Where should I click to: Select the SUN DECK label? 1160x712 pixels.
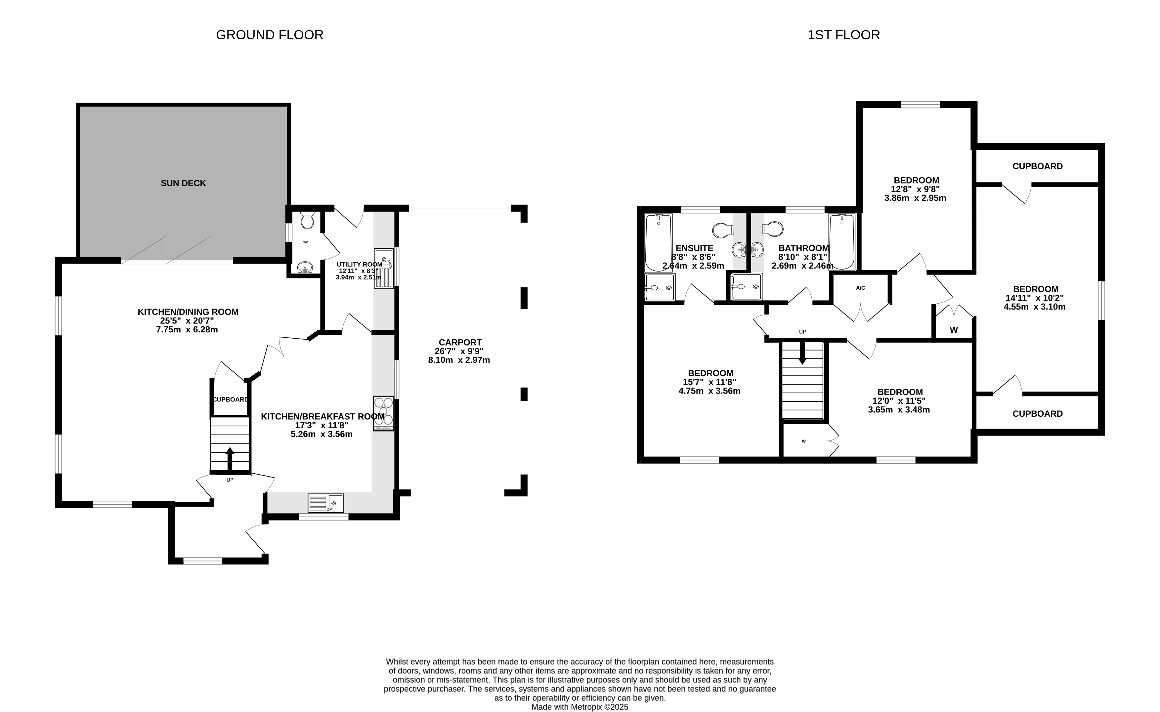click(183, 183)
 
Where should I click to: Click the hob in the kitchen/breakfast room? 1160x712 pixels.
click(383, 413)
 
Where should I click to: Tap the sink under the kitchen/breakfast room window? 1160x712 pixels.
click(326, 503)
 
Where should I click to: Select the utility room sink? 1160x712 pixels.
click(384, 269)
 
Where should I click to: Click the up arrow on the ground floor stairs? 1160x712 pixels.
click(230, 458)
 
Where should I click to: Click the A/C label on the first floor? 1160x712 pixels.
click(860, 288)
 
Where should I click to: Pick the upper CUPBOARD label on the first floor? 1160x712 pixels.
click(1038, 166)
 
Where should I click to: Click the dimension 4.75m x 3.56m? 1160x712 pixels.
click(709, 391)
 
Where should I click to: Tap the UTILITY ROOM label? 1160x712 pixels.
click(359, 265)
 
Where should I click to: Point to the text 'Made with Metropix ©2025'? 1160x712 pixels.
click(580, 707)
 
